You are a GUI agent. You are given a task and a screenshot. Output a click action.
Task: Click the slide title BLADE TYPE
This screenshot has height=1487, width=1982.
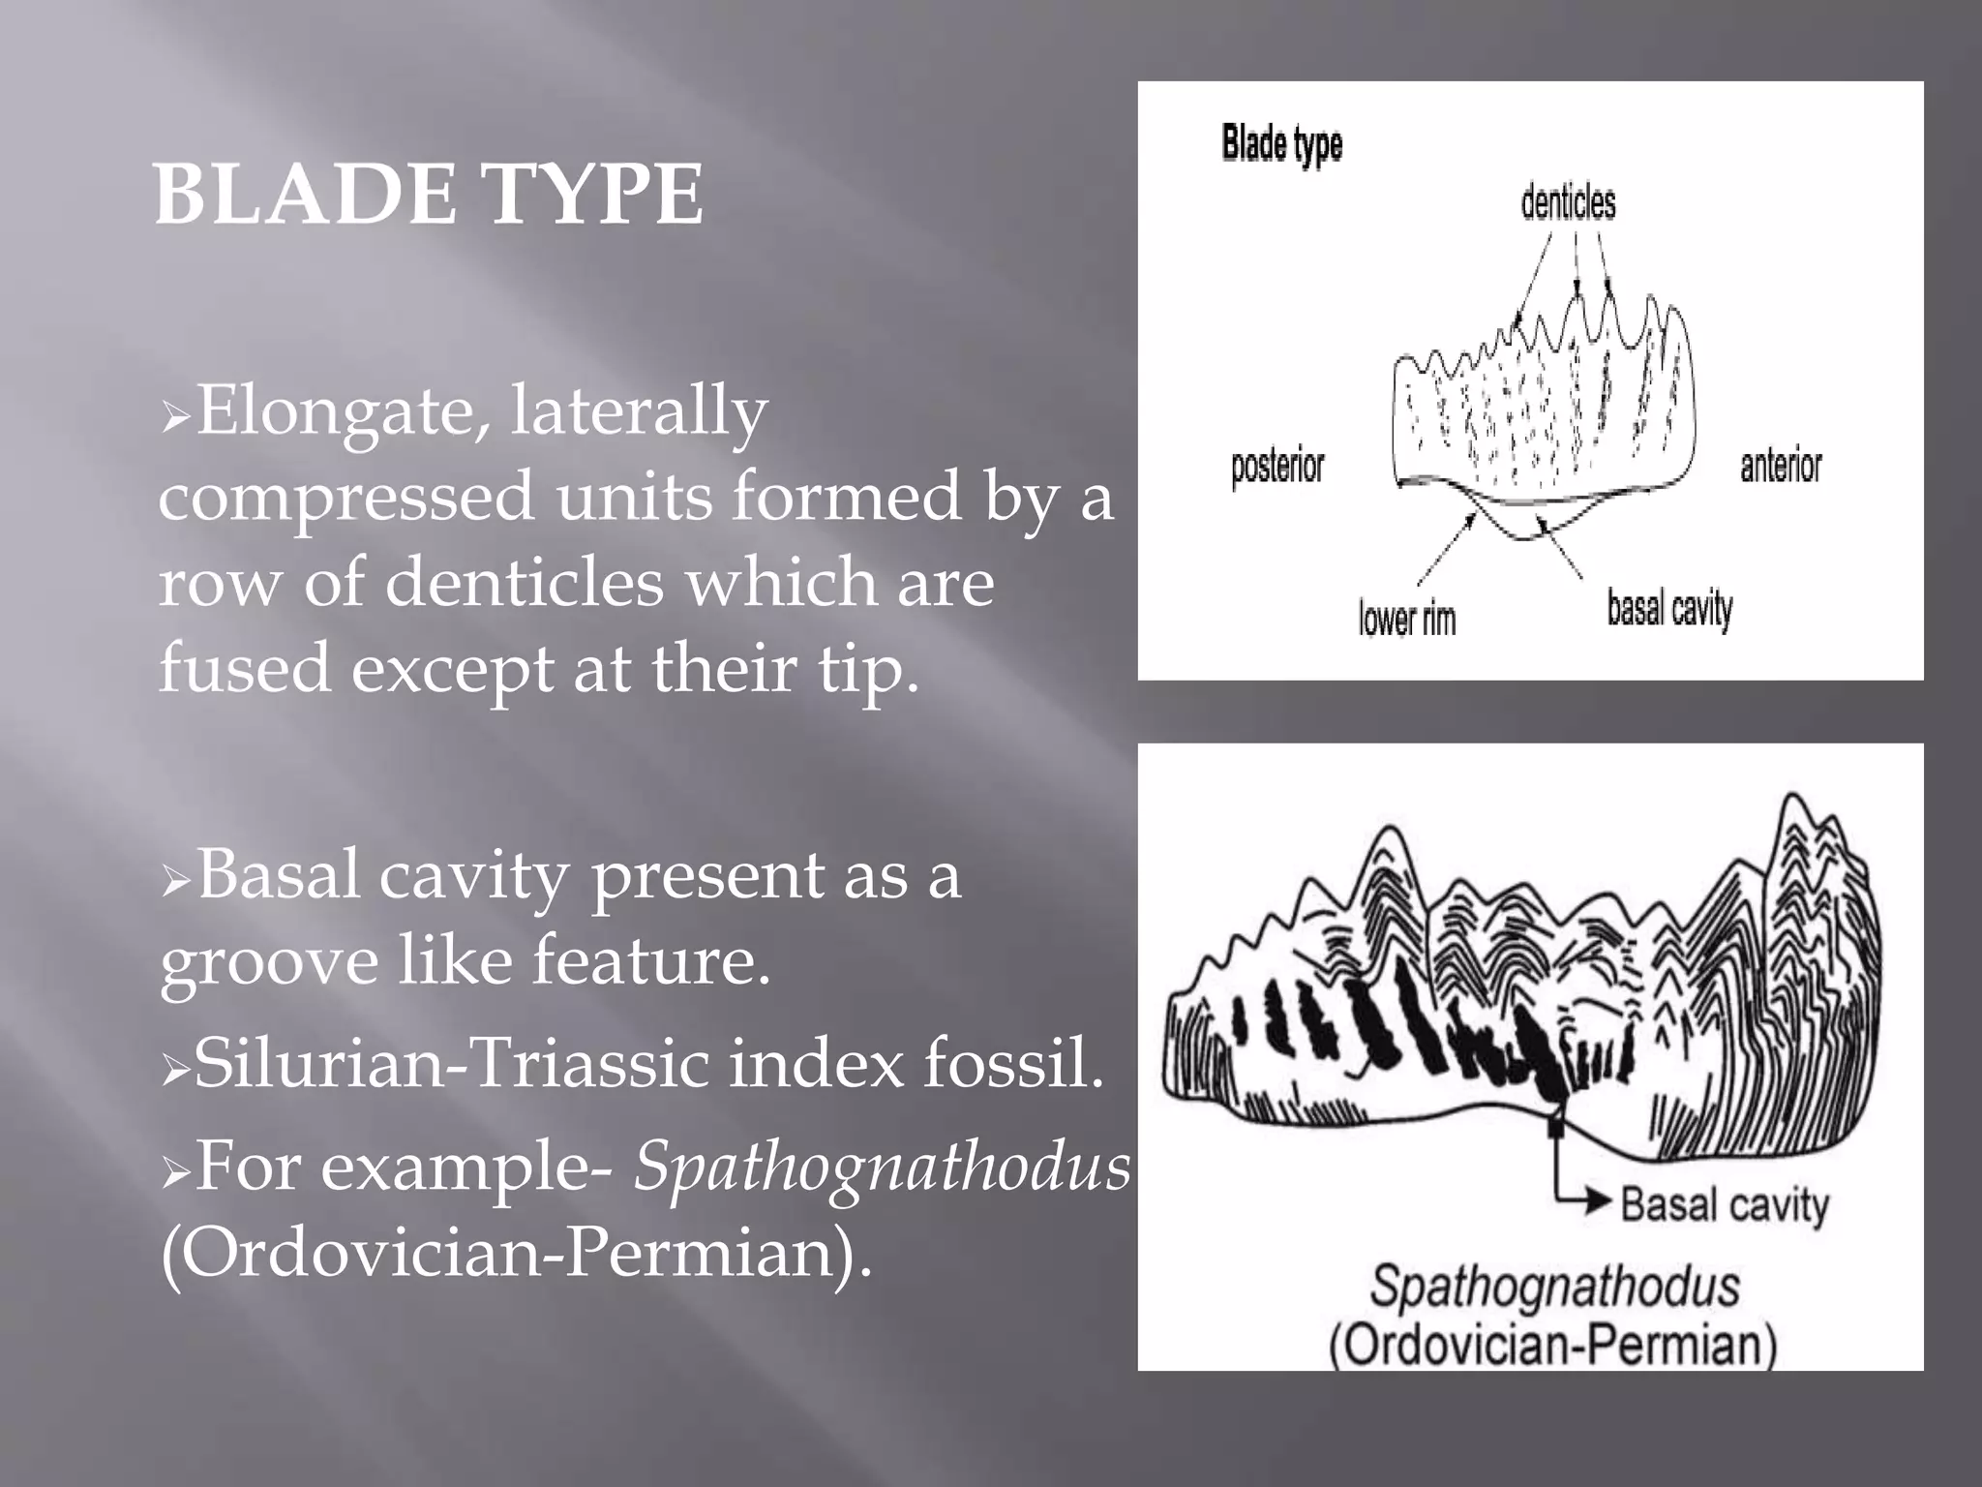click(x=429, y=195)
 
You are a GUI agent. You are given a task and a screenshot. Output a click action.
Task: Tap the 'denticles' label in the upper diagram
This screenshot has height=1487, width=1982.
click(x=1568, y=203)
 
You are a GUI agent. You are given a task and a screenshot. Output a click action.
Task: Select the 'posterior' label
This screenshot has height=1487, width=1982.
click(x=1276, y=468)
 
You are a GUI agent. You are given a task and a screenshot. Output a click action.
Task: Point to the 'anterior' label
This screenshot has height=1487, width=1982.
click(x=1781, y=466)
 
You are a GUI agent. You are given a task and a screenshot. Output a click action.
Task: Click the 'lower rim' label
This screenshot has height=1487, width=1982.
click(x=1406, y=618)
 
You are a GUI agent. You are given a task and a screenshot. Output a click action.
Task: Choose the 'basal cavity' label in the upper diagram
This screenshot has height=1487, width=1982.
click(x=1669, y=609)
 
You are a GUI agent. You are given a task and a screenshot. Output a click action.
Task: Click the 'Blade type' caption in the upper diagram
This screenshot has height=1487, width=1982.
click(x=1281, y=143)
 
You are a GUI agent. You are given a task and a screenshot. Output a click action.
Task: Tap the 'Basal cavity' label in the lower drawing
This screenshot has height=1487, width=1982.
click(x=1725, y=1205)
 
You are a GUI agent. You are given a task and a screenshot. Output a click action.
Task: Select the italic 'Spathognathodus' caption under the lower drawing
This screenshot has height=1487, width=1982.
click(x=1554, y=1287)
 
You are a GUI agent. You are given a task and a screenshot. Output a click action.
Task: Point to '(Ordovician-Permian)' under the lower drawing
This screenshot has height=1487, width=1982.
click(x=1552, y=1345)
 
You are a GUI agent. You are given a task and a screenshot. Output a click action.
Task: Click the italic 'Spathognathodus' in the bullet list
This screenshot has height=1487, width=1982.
click(x=882, y=1166)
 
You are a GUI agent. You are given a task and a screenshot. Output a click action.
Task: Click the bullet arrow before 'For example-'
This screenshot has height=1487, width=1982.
click(x=176, y=1172)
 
